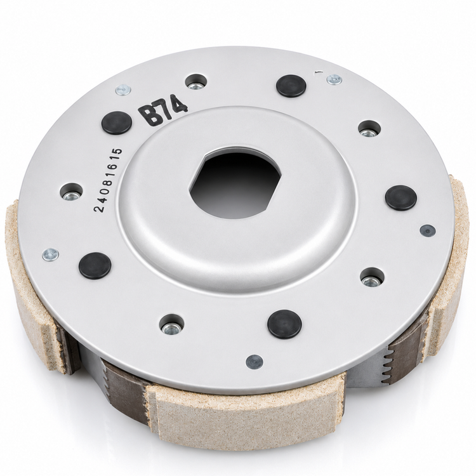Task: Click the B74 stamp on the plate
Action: pos(163,109)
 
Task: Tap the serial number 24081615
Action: pos(109,180)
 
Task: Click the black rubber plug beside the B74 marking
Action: pos(117,122)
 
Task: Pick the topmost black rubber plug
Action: pos(291,86)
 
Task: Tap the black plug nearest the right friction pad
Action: pos(400,198)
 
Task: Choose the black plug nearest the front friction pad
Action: pos(284,324)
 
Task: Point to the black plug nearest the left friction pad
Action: pos(95,266)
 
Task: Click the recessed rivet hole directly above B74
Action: pos(196,82)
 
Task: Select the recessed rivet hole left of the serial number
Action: pos(71,192)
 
